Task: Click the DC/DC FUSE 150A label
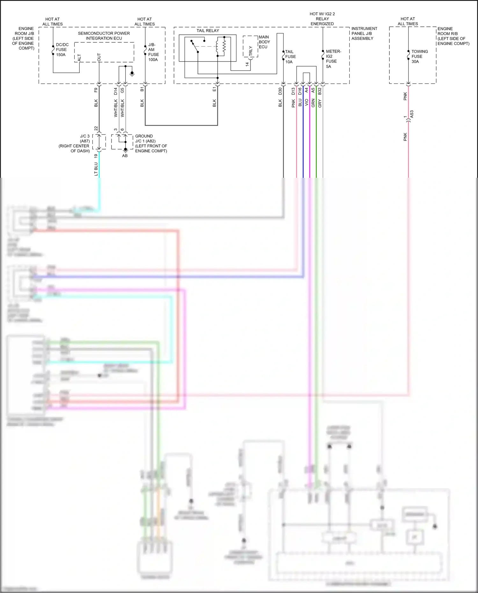pos(62,50)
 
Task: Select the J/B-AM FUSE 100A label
pos(153,52)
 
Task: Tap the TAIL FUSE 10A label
pos(290,57)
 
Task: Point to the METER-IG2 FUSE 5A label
pos(333,59)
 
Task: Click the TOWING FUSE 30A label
pos(419,56)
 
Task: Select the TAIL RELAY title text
pos(208,31)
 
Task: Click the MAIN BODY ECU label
pos(264,42)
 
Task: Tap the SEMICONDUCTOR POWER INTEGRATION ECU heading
pos(104,36)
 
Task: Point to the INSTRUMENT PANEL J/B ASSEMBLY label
pos(364,33)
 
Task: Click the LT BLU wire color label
pos(96,169)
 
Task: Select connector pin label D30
pos(280,91)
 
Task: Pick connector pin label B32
pos(320,91)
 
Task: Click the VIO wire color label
pos(307,103)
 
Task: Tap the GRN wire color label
pos(313,103)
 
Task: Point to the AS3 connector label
pos(411,114)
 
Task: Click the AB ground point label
pos(125,156)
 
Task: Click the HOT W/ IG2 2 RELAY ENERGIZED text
pos(322,19)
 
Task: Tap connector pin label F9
pos(96,90)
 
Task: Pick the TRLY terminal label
pos(250,51)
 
